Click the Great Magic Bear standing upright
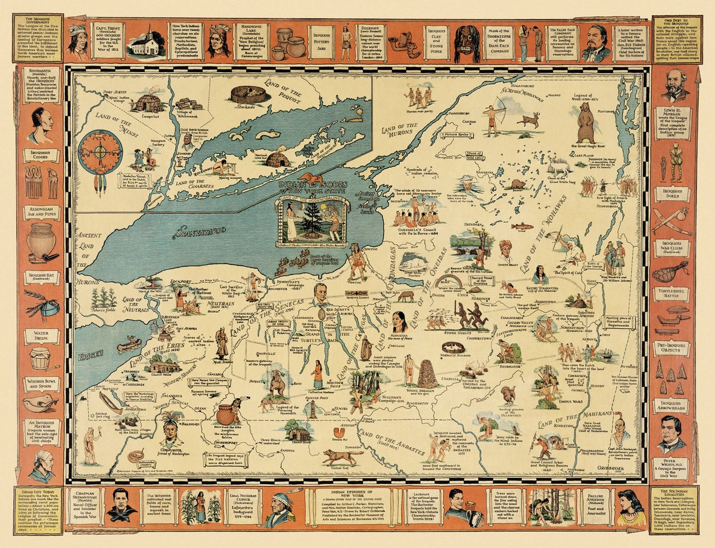(585, 122)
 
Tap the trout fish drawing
(522, 226)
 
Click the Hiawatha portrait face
(398, 319)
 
